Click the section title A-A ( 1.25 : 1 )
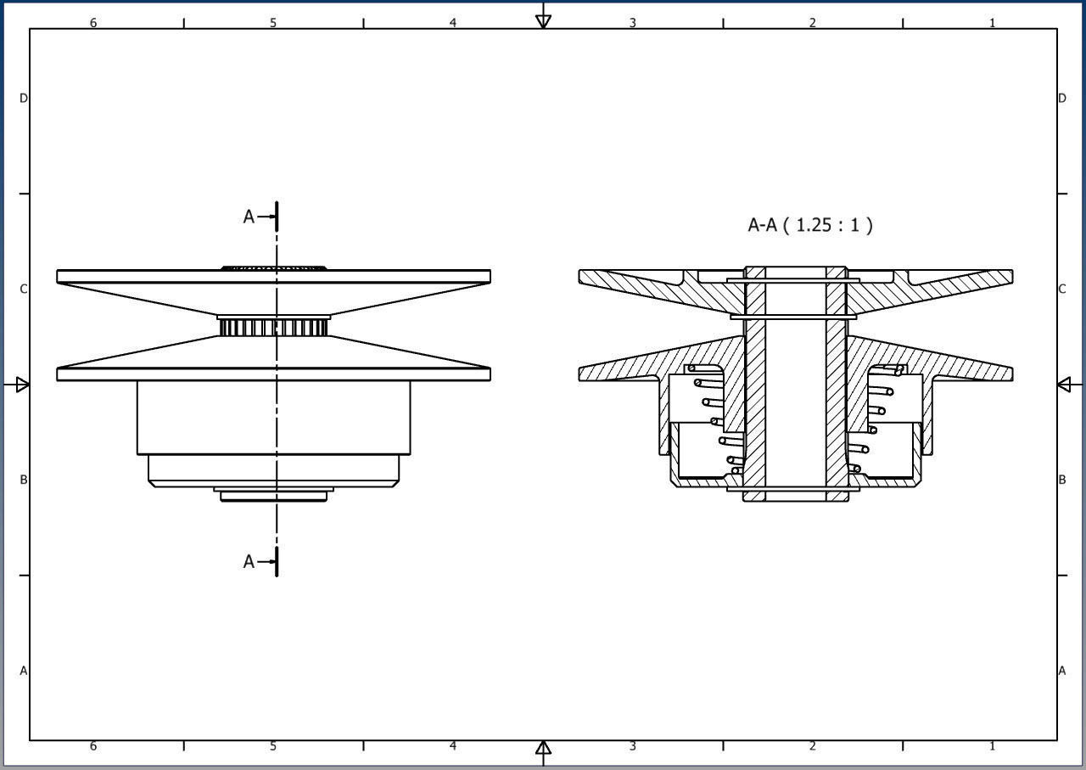click(x=809, y=225)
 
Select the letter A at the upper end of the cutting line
click(x=249, y=217)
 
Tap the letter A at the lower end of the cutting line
click(x=249, y=562)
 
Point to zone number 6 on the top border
click(x=93, y=23)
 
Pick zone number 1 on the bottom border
click(x=992, y=746)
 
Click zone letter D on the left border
click(x=24, y=98)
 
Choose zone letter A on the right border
click(x=1061, y=671)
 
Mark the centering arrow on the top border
click(x=543, y=20)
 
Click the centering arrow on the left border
click(x=21, y=385)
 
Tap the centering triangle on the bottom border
click(x=543, y=748)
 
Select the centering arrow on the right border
click(x=1065, y=385)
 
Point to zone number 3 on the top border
click(x=632, y=23)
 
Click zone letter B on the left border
click(x=24, y=480)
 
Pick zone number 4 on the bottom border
click(x=452, y=746)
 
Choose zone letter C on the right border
click(x=1061, y=289)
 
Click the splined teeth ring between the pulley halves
click(x=273, y=327)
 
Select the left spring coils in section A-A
click(x=714, y=416)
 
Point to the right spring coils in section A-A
click(x=874, y=416)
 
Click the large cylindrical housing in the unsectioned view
click(x=273, y=418)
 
